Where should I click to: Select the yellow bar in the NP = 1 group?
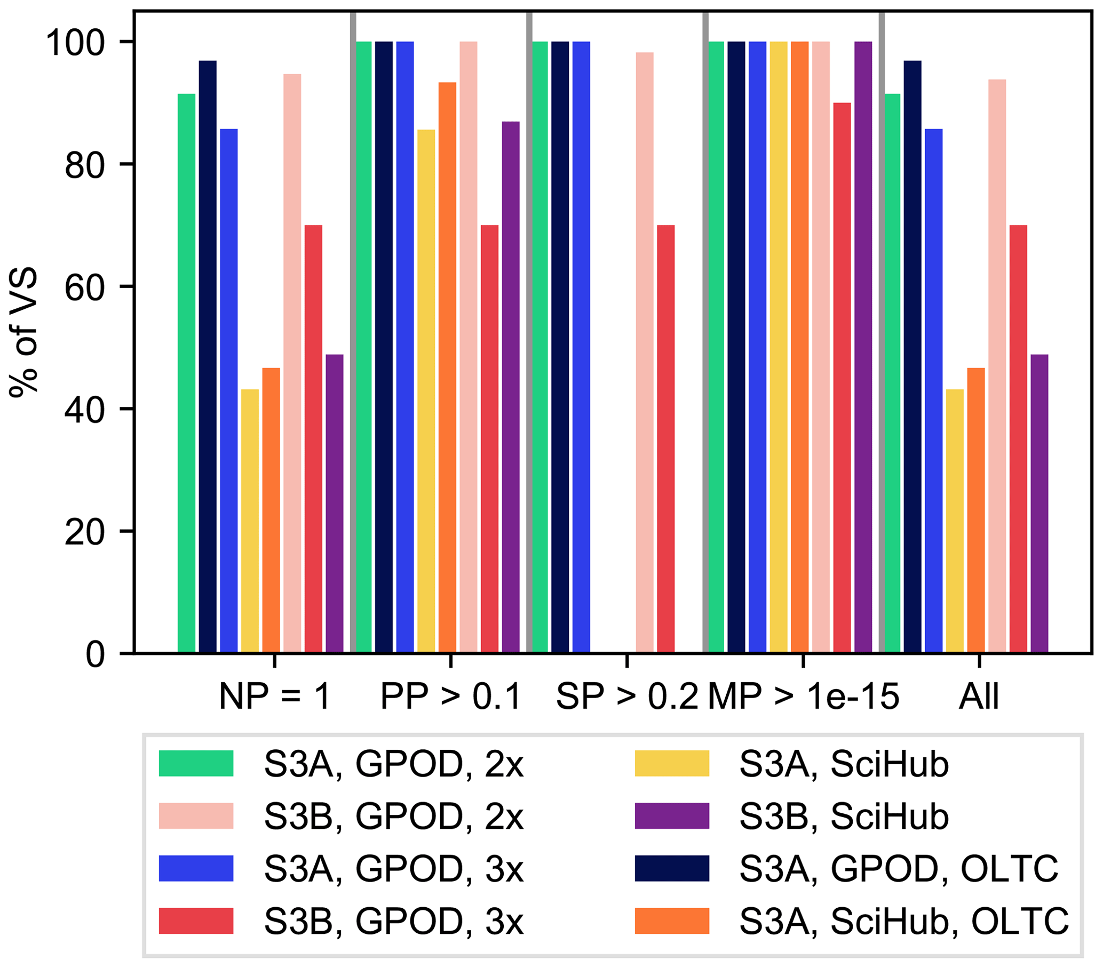click(250, 521)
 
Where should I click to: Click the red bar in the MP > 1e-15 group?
click(842, 378)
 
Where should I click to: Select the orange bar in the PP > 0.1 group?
click(447, 367)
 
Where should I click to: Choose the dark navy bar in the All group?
click(912, 356)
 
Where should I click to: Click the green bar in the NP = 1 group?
click(187, 373)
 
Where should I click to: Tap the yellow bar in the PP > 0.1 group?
click(426, 391)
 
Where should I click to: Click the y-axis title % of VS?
click(23, 332)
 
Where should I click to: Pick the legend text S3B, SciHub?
click(844, 817)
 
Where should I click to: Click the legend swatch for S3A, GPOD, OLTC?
click(672, 868)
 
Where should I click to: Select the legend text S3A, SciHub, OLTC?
click(904, 921)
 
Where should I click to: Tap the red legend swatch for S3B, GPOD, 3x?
click(196, 921)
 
